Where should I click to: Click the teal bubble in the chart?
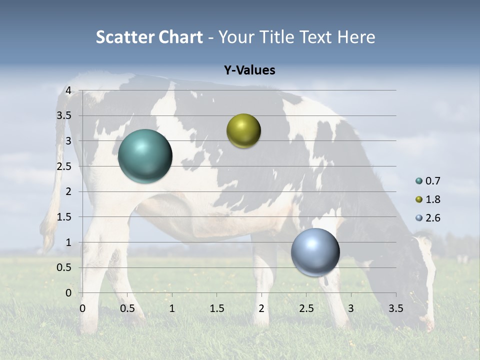(145, 156)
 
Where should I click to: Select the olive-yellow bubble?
(243, 131)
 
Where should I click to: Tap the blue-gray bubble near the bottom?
(315, 252)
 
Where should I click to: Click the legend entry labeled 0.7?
(428, 180)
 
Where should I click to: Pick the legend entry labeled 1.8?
(428, 199)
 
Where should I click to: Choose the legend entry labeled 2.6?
(428, 218)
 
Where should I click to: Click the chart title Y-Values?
(249, 70)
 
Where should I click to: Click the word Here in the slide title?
(356, 37)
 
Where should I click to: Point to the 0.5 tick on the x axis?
(127, 308)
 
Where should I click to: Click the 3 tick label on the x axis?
(351, 308)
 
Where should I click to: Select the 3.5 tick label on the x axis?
(395, 308)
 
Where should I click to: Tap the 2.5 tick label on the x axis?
(306, 308)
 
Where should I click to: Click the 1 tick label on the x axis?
(172, 308)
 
